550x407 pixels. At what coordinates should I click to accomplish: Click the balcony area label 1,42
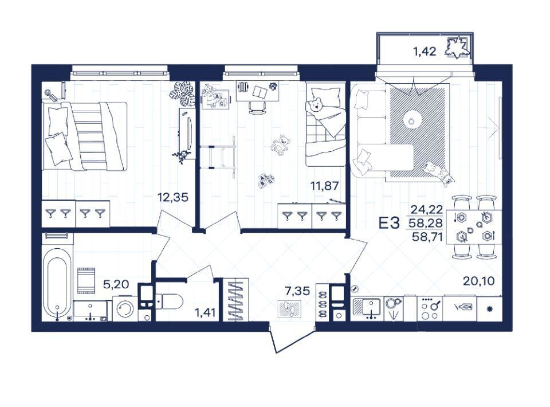click(x=425, y=52)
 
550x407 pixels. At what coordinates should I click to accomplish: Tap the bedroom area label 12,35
click(x=172, y=197)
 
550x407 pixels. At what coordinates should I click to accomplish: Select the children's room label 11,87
click(x=325, y=186)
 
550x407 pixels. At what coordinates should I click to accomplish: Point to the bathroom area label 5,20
click(x=116, y=284)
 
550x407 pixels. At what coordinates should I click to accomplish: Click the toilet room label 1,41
click(x=206, y=312)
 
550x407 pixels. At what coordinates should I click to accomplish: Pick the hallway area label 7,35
click(x=297, y=291)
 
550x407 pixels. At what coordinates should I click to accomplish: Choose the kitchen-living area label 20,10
click(x=479, y=281)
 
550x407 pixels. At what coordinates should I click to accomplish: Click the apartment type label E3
click(x=390, y=223)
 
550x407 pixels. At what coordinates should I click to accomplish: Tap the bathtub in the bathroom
click(x=57, y=284)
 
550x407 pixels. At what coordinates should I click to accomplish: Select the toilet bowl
click(x=170, y=302)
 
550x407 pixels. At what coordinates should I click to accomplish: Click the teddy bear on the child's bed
click(x=316, y=105)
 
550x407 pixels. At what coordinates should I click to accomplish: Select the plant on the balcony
click(x=457, y=48)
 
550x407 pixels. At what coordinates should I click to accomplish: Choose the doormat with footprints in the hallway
click(x=289, y=310)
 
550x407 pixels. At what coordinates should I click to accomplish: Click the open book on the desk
click(x=260, y=92)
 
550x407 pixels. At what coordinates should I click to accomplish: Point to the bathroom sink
click(x=91, y=310)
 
